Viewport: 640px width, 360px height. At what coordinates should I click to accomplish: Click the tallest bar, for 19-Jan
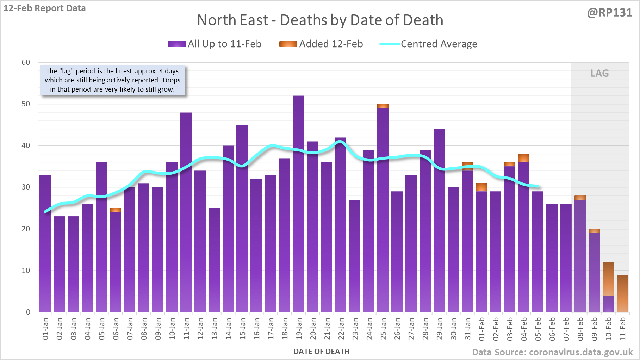(x=298, y=204)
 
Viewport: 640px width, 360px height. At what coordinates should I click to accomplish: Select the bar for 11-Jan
(x=186, y=211)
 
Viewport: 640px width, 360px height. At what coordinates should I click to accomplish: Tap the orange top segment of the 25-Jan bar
(x=383, y=106)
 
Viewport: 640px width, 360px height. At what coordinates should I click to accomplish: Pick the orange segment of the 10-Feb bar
(x=608, y=278)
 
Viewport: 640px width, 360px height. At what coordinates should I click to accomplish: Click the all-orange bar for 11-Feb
(x=622, y=293)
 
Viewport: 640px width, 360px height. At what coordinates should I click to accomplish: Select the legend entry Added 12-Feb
(x=321, y=44)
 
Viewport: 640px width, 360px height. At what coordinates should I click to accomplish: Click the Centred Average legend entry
(x=428, y=44)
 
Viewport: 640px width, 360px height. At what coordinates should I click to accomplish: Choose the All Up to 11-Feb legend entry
(x=215, y=44)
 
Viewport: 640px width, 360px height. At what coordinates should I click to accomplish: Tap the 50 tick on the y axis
(x=26, y=104)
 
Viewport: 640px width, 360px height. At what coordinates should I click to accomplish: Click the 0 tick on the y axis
(x=28, y=312)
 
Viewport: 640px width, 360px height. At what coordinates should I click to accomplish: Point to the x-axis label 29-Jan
(x=439, y=329)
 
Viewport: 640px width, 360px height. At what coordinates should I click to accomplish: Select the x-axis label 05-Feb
(x=538, y=329)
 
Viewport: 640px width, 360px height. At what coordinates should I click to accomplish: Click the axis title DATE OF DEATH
(x=321, y=352)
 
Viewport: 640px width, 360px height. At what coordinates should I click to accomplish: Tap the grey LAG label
(x=599, y=73)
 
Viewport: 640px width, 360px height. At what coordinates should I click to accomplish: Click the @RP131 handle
(x=609, y=13)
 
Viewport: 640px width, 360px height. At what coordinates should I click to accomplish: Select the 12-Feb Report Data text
(x=44, y=8)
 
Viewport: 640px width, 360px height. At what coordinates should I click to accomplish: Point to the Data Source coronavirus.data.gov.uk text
(x=552, y=352)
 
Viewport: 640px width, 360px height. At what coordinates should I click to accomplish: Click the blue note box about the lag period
(x=112, y=80)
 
